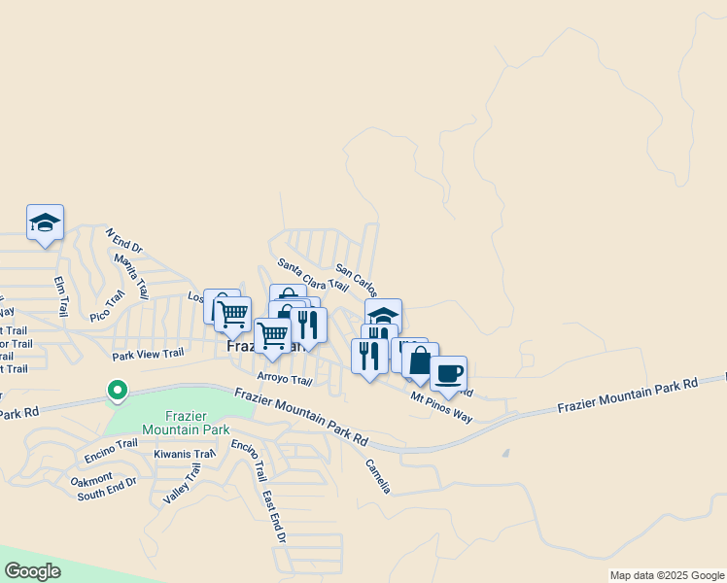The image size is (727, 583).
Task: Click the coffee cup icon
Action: [x=448, y=373]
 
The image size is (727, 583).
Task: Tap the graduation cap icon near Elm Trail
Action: [x=45, y=223]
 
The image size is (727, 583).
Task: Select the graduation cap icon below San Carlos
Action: [x=383, y=316]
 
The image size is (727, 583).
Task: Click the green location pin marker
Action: [x=118, y=391]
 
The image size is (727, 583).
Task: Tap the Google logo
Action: [x=32, y=571]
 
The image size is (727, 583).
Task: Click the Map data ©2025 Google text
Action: [x=666, y=575]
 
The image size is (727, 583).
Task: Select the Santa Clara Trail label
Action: [x=312, y=275]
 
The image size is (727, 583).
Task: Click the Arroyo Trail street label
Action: [x=284, y=379]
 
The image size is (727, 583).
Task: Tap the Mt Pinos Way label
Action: [x=441, y=408]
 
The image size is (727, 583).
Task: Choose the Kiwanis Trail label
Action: [x=184, y=454]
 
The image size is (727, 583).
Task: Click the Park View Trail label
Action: [x=148, y=354]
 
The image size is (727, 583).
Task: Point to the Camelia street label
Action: [x=377, y=476]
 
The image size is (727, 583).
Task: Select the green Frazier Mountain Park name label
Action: [x=186, y=422]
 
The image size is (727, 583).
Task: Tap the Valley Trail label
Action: [x=182, y=483]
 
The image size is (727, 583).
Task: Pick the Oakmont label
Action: [x=93, y=481]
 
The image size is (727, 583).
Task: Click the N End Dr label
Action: [x=123, y=239]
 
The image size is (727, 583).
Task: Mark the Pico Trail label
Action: [x=107, y=305]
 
